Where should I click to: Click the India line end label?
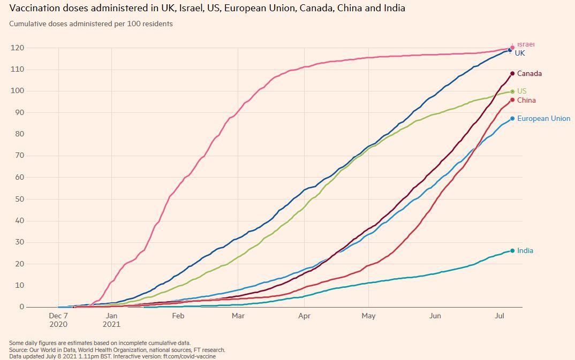(x=525, y=251)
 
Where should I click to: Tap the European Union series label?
(x=543, y=119)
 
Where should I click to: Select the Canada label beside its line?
(x=529, y=74)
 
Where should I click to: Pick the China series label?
(x=526, y=101)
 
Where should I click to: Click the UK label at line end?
(x=520, y=53)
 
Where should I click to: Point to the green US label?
(x=522, y=91)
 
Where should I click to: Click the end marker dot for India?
(x=512, y=251)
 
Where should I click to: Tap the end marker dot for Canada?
(x=512, y=73)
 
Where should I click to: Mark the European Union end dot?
(x=512, y=119)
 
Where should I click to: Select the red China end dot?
(x=512, y=100)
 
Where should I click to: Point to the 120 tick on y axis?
(x=18, y=48)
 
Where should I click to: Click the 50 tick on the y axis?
(x=20, y=199)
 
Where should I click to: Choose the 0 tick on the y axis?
(x=22, y=307)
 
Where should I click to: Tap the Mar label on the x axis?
(x=238, y=316)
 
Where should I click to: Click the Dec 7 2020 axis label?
(x=59, y=320)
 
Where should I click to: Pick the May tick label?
(x=368, y=316)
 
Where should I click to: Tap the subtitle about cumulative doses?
(x=91, y=24)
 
